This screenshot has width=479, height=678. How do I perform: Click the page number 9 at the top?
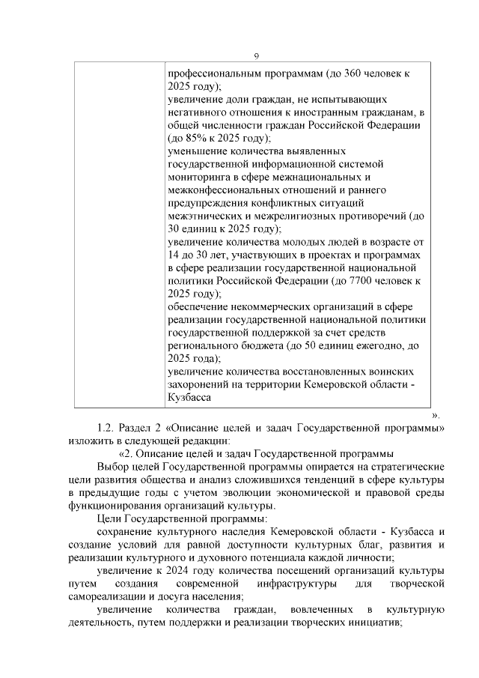pyautogui.click(x=256, y=57)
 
